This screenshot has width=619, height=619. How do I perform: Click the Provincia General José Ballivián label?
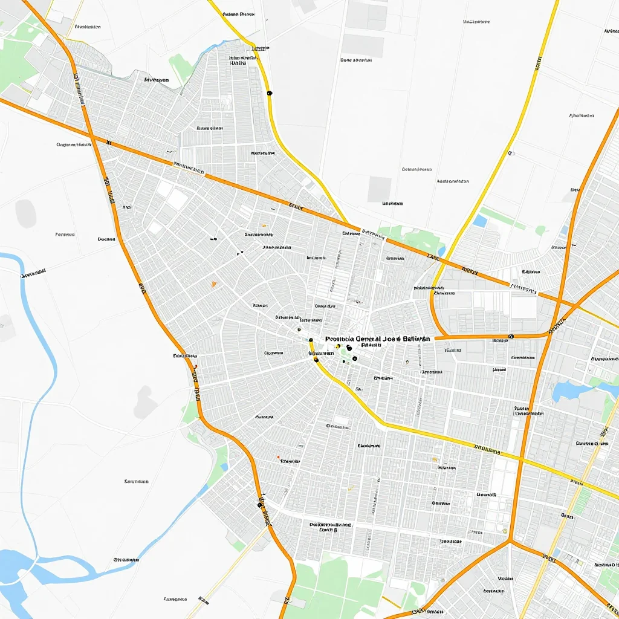(x=377, y=339)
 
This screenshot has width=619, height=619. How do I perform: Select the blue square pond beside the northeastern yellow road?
(x=480, y=221)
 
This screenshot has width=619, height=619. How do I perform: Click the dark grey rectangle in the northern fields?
(x=379, y=189)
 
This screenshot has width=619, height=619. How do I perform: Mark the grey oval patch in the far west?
(x=25, y=213)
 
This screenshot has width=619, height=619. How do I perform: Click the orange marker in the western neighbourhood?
(x=213, y=283)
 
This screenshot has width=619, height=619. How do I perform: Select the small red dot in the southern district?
(x=278, y=457)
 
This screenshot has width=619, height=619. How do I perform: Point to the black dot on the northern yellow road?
(x=269, y=92)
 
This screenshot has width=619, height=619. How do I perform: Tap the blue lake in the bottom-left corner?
(x=18, y=565)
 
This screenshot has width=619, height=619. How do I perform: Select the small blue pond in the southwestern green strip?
(x=224, y=467)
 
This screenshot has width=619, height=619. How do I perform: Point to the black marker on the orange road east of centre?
(x=511, y=335)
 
